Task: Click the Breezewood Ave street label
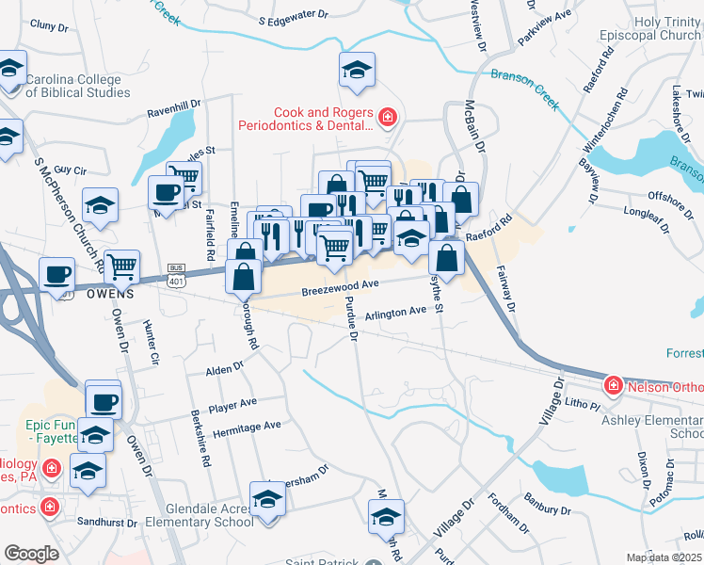[340, 285]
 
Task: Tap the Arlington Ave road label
[396, 313]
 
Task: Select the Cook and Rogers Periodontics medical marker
[387, 117]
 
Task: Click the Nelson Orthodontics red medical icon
[613, 385]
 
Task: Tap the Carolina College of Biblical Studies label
[80, 86]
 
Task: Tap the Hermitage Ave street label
[247, 426]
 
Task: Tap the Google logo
[32, 554]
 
